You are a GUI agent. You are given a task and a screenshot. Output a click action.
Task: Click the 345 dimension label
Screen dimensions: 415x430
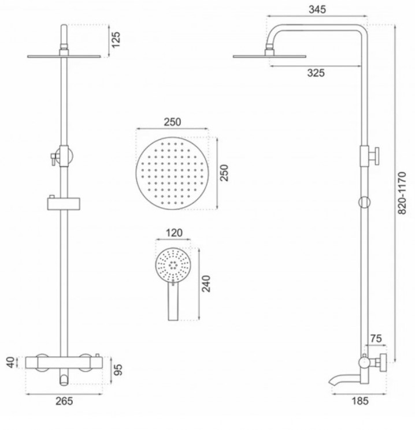(x=317, y=9)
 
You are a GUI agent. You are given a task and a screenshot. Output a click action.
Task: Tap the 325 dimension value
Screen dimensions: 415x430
(x=316, y=73)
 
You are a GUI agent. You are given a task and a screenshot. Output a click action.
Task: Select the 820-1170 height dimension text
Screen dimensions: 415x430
(x=402, y=193)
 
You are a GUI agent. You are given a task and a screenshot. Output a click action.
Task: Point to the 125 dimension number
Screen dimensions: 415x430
(x=116, y=39)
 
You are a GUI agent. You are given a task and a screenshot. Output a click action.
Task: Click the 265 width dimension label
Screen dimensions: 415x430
(x=64, y=401)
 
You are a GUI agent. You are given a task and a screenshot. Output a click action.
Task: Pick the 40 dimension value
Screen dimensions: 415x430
(x=10, y=362)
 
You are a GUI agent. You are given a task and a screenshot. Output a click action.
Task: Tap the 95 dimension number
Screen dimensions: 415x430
(x=118, y=369)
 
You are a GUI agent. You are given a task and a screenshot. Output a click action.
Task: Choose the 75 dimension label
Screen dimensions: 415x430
(x=376, y=338)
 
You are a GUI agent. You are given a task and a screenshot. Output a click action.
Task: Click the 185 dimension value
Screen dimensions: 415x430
(x=360, y=401)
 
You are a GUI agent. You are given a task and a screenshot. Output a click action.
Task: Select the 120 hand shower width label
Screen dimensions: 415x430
(x=174, y=233)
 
